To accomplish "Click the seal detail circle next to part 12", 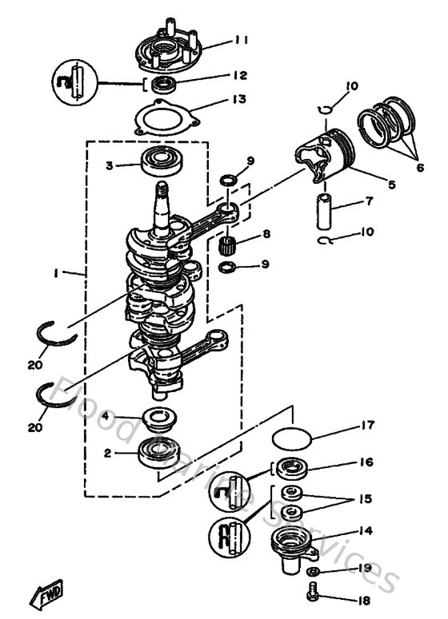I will [74, 82].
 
